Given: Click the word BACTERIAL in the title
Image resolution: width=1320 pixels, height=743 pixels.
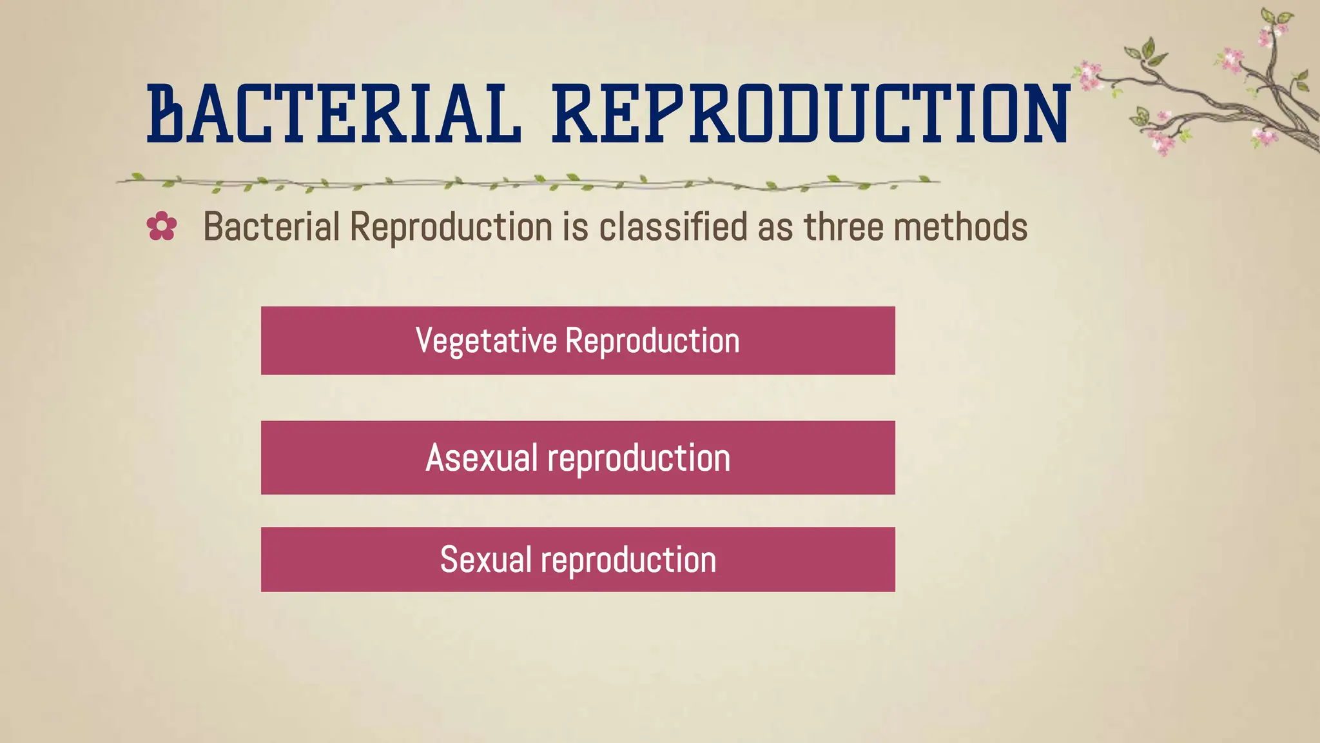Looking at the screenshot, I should (x=334, y=114).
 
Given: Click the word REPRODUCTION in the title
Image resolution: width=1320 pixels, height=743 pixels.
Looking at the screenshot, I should (x=811, y=114).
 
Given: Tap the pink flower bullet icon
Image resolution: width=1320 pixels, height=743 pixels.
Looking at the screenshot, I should (x=161, y=226).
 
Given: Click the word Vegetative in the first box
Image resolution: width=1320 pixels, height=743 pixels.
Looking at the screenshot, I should (x=486, y=341).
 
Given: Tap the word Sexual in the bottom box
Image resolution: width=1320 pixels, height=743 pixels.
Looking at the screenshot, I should (x=485, y=560).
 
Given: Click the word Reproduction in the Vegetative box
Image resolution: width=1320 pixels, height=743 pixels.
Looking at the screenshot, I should (x=652, y=341).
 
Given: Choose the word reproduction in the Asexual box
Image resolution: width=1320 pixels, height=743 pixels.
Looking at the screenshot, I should (x=639, y=458).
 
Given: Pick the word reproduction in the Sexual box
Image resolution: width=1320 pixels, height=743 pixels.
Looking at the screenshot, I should (x=628, y=560).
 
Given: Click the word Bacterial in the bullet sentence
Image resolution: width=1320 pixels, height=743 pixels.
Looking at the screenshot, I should (x=271, y=227).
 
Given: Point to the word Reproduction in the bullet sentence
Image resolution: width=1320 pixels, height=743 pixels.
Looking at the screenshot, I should (x=451, y=227).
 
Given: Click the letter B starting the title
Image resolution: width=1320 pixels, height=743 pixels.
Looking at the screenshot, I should (x=165, y=114).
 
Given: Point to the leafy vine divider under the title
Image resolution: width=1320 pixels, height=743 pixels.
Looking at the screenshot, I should (x=529, y=183).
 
